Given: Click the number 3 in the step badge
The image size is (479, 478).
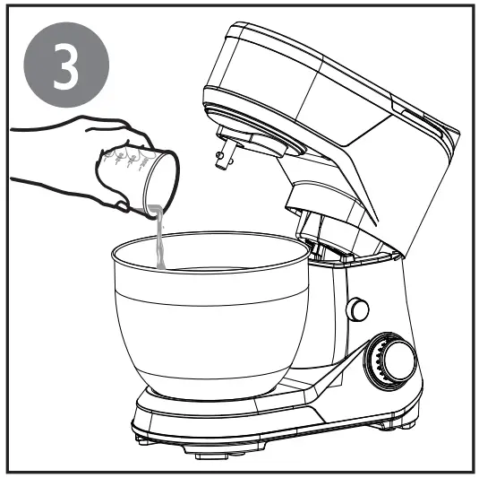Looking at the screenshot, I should (x=68, y=67).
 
